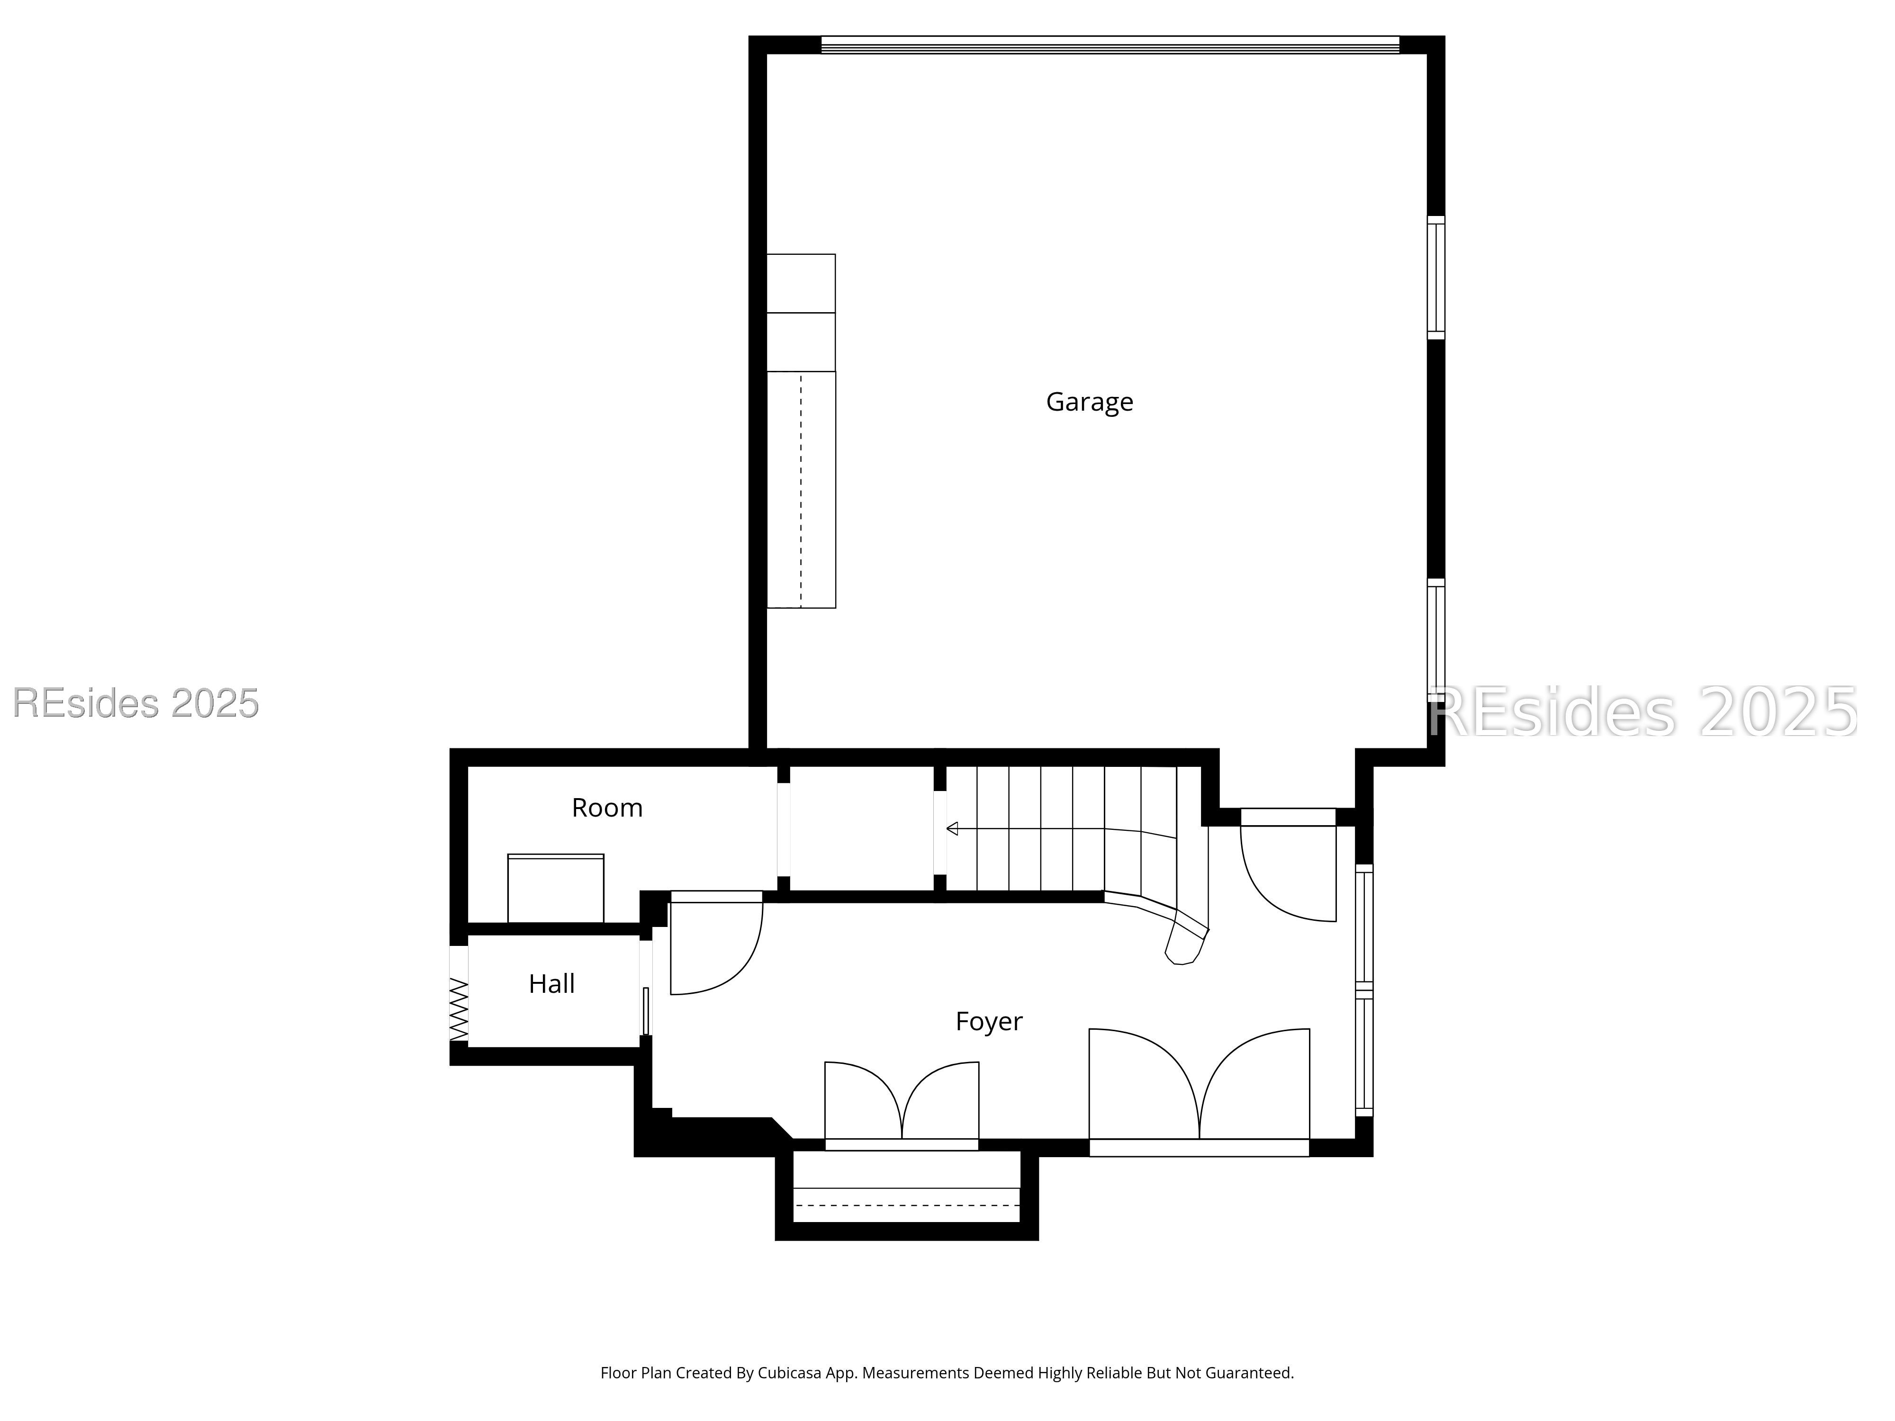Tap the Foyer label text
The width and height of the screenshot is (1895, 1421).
(989, 1021)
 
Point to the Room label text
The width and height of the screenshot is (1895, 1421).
(606, 808)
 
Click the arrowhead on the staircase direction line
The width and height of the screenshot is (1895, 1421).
(952, 828)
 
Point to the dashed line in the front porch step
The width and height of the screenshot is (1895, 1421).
(906, 1205)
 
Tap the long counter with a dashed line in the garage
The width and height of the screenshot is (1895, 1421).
(801, 490)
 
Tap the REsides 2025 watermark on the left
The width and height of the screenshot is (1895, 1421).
(135, 703)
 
